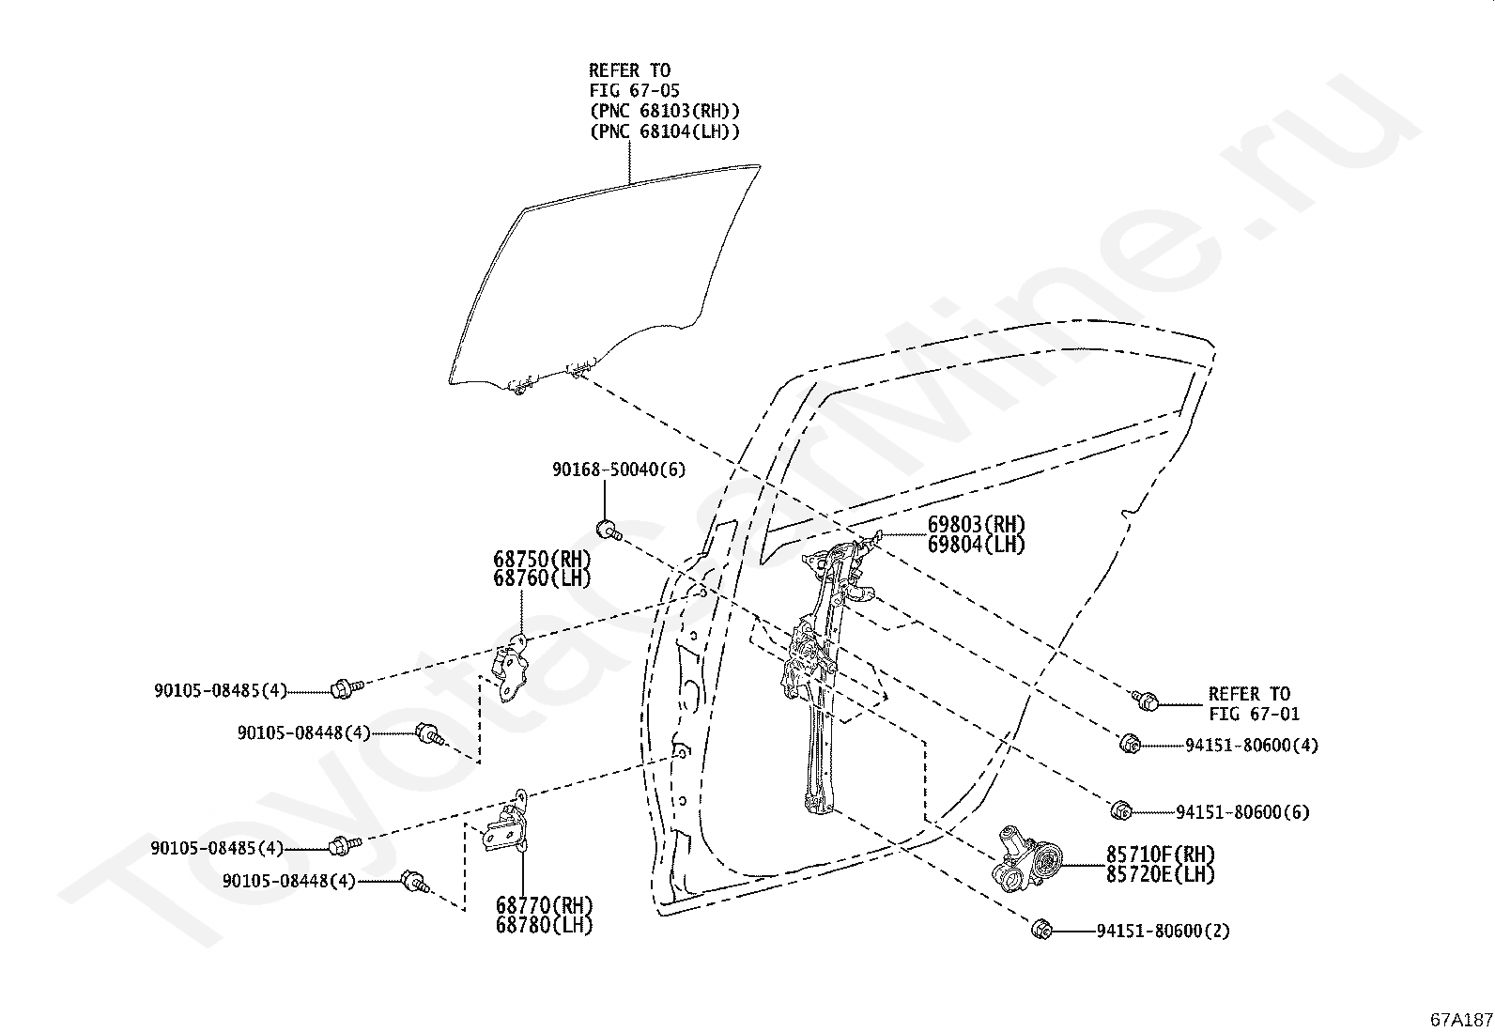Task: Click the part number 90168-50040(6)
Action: point(618,470)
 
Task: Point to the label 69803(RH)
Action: point(976,525)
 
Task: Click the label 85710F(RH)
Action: point(1160,855)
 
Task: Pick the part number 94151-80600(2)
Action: point(1163,932)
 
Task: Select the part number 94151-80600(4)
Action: point(1251,746)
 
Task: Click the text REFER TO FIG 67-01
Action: point(1253,704)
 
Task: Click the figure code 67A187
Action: point(1461,1020)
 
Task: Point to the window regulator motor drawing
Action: point(1028,857)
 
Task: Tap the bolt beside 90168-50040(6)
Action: point(609,530)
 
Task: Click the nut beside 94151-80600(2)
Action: point(1040,930)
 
